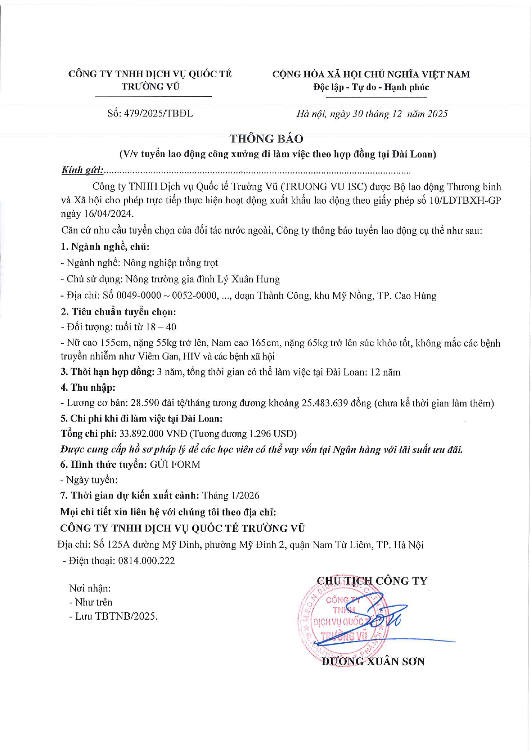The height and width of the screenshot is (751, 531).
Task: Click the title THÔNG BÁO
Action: pyautogui.click(x=266, y=139)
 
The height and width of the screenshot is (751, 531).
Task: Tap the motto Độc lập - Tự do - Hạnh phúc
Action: pyautogui.click(x=371, y=87)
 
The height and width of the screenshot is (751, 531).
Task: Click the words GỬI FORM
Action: pyautogui.click(x=175, y=464)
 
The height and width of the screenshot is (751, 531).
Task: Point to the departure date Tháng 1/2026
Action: pyautogui.click(x=231, y=496)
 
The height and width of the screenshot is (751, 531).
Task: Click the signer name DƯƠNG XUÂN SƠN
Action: pyautogui.click(x=373, y=662)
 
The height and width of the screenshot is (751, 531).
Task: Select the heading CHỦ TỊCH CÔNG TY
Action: pyautogui.click(x=372, y=581)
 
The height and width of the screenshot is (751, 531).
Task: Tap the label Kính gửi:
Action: pyautogui.click(x=83, y=170)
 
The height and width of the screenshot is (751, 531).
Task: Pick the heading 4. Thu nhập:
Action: pyautogui.click(x=88, y=387)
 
